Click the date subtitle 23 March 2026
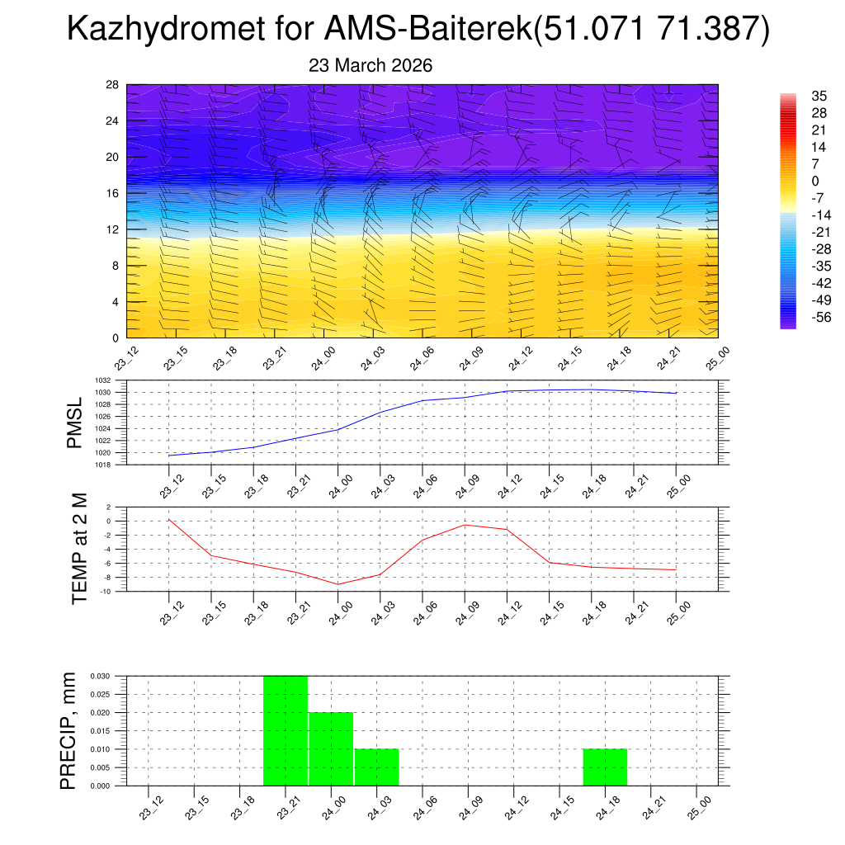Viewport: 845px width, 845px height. tap(371, 65)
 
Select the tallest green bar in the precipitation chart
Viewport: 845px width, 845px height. tap(286, 730)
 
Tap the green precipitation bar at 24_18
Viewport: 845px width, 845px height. tap(605, 767)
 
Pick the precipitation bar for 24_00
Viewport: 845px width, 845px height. tap(331, 748)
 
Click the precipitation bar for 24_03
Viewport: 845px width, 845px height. tap(377, 767)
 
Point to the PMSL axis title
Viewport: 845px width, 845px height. tap(74, 422)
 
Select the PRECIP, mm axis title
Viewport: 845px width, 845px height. tap(69, 730)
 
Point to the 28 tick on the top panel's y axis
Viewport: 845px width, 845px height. tap(113, 84)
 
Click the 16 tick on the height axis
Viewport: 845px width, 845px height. tap(113, 193)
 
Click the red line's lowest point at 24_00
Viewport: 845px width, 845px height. tap(338, 584)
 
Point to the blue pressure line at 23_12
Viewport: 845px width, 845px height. tap(169, 456)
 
